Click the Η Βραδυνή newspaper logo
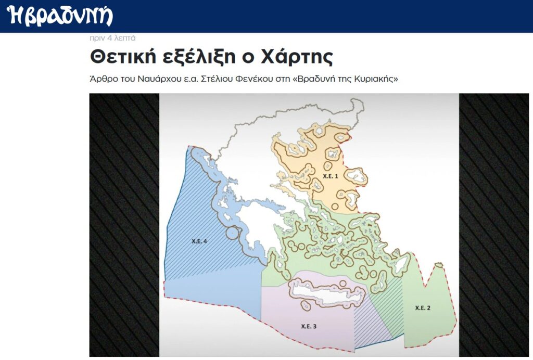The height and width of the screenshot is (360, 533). tap(60, 16)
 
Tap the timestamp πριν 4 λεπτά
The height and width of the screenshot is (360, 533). tap(112, 37)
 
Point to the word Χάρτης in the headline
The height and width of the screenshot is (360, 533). tap(297, 57)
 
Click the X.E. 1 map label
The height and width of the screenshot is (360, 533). tap(331, 176)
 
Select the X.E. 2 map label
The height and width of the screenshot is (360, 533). tap(423, 307)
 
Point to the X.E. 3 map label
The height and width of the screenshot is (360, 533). tap(309, 326)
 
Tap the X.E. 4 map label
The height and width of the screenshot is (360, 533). tap(199, 241)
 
